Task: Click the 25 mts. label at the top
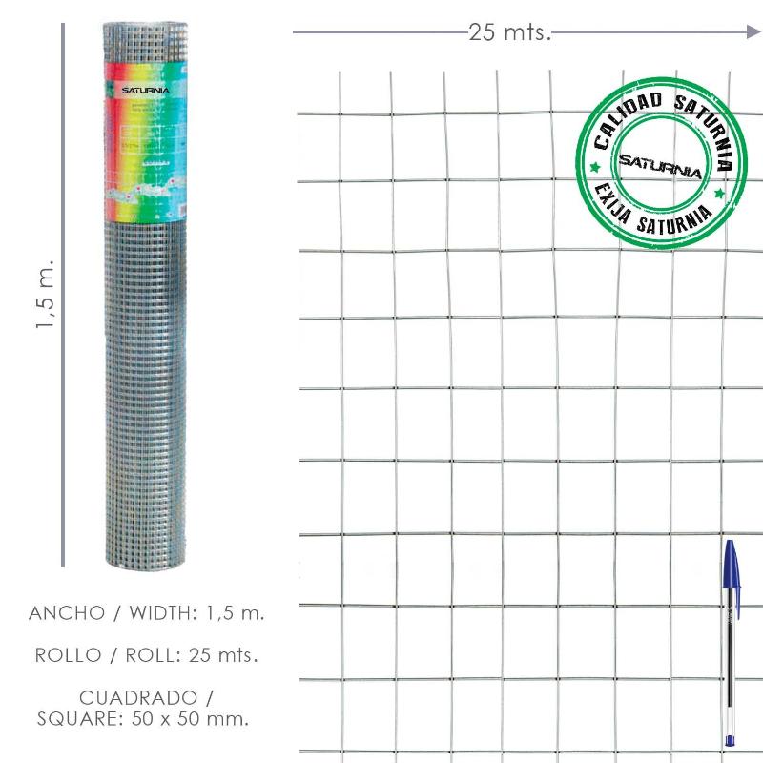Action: [x=510, y=32]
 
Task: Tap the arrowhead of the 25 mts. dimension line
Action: [x=753, y=32]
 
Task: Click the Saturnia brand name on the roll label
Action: [x=145, y=91]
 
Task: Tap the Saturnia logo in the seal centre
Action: [x=661, y=165]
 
